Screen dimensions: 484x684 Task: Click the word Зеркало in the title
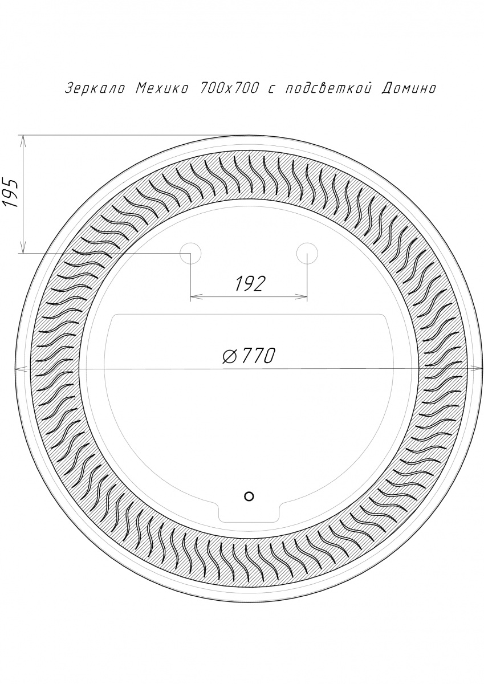95,88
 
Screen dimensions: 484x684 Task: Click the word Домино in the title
409,88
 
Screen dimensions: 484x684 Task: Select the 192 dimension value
249,284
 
